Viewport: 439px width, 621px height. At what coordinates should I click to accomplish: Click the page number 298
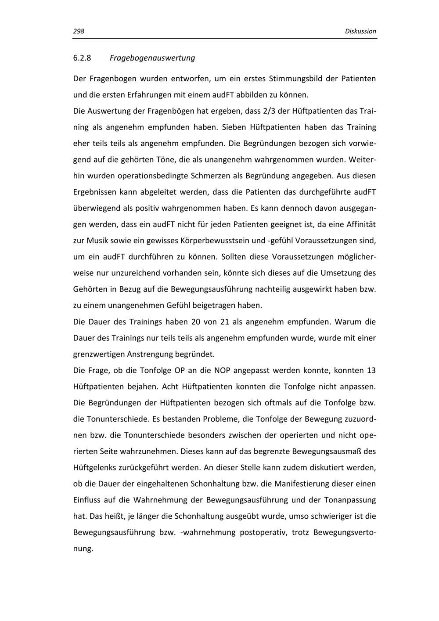point(79,31)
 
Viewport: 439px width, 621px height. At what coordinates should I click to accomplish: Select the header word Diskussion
point(360,31)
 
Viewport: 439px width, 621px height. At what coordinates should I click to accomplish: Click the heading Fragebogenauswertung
point(152,58)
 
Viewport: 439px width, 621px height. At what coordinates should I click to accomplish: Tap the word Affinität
point(359,224)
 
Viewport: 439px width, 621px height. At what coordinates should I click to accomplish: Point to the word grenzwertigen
point(98,354)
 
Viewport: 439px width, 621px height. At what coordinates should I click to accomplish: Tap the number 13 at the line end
point(371,370)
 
